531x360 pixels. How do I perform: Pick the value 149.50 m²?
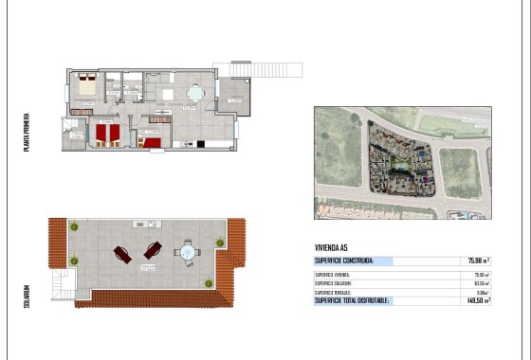pos(478,300)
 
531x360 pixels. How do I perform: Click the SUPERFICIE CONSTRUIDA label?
pos(344,261)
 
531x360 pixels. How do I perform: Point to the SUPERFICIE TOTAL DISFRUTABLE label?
pos(352,300)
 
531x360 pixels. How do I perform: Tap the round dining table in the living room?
pos(194,93)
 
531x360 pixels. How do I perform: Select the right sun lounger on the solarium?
pos(152,250)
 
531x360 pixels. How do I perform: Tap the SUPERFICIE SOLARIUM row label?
pos(333,283)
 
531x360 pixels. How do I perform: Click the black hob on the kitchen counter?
pos(200,144)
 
